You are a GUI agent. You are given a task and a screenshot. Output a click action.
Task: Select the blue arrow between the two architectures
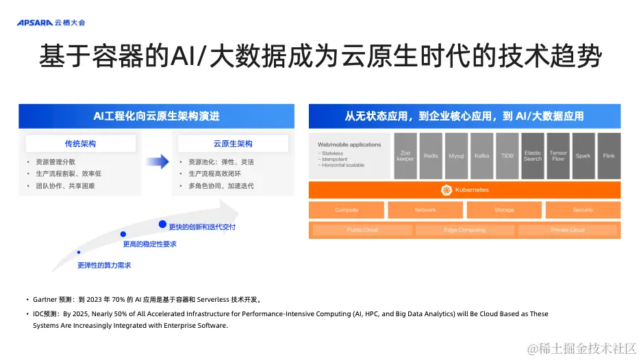pos(158,162)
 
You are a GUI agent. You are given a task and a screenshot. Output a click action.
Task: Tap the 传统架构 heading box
pos(80,144)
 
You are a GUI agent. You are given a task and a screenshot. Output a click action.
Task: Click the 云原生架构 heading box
pos(233,144)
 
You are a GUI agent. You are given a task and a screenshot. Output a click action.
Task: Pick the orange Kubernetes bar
pos(465,190)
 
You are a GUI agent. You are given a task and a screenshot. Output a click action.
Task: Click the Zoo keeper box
pos(405,156)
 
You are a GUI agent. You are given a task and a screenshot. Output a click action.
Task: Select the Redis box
pos(431,156)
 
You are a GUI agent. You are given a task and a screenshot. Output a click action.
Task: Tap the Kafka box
pos(481,156)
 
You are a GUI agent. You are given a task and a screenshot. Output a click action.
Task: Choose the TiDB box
pos(507,156)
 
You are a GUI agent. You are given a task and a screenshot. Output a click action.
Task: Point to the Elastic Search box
pos(532,156)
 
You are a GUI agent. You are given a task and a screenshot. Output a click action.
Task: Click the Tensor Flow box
pos(558,156)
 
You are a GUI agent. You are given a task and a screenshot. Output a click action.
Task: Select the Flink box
pos(609,156)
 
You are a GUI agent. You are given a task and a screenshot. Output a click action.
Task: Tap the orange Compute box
pos(347,210)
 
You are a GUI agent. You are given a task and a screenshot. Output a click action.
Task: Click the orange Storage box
pos(504,210)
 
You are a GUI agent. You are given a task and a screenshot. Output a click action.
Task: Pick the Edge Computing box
pos(465,230)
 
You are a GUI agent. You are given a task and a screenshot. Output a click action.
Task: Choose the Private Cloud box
pos(568,230)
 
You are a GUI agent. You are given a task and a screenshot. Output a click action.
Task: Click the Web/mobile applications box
pos(350,156)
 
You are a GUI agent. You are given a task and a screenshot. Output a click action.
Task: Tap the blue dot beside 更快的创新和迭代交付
pos(162,224)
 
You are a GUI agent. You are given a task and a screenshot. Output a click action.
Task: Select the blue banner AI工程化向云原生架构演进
pos(157,116)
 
